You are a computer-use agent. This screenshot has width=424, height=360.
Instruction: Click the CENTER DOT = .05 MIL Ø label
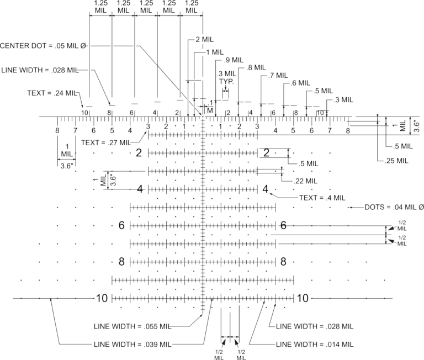43,46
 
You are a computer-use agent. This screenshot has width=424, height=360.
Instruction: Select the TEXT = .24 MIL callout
52,93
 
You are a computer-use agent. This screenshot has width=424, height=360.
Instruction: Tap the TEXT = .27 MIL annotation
106,142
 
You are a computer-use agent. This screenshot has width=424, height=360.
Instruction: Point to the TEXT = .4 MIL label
322,198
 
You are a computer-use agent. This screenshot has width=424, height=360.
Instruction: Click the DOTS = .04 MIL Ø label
394,207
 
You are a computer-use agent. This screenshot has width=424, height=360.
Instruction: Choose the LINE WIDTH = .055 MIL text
132,326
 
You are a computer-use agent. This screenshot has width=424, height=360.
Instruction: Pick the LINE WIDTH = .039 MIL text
132,345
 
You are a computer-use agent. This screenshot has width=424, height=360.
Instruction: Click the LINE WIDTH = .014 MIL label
315,345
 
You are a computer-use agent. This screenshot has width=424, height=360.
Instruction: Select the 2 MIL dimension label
204,40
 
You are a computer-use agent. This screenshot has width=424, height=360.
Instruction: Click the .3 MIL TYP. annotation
226,77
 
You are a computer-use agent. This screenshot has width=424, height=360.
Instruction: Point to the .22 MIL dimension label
305,181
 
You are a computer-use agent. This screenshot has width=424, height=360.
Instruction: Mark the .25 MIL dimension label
396,161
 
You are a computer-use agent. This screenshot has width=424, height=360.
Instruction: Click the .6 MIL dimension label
300,83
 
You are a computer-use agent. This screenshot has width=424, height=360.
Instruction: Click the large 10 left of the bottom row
102,298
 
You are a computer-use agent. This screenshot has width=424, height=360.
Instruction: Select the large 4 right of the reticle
266,189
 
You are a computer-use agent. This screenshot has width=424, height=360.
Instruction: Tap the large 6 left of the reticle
121,225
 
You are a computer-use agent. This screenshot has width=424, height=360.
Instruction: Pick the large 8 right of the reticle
283,262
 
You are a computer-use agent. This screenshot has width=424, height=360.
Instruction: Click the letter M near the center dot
210,110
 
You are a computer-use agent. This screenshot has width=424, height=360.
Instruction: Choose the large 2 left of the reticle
139,153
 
